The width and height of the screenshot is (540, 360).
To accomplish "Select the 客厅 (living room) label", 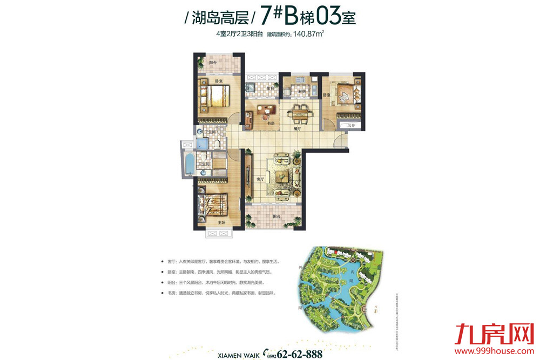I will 260,179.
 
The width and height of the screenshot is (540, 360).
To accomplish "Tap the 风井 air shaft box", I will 350,125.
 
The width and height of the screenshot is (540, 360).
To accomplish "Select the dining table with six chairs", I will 299,113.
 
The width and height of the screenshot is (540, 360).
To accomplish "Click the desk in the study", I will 267,112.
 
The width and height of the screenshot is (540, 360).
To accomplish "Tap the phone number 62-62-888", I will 299,354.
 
